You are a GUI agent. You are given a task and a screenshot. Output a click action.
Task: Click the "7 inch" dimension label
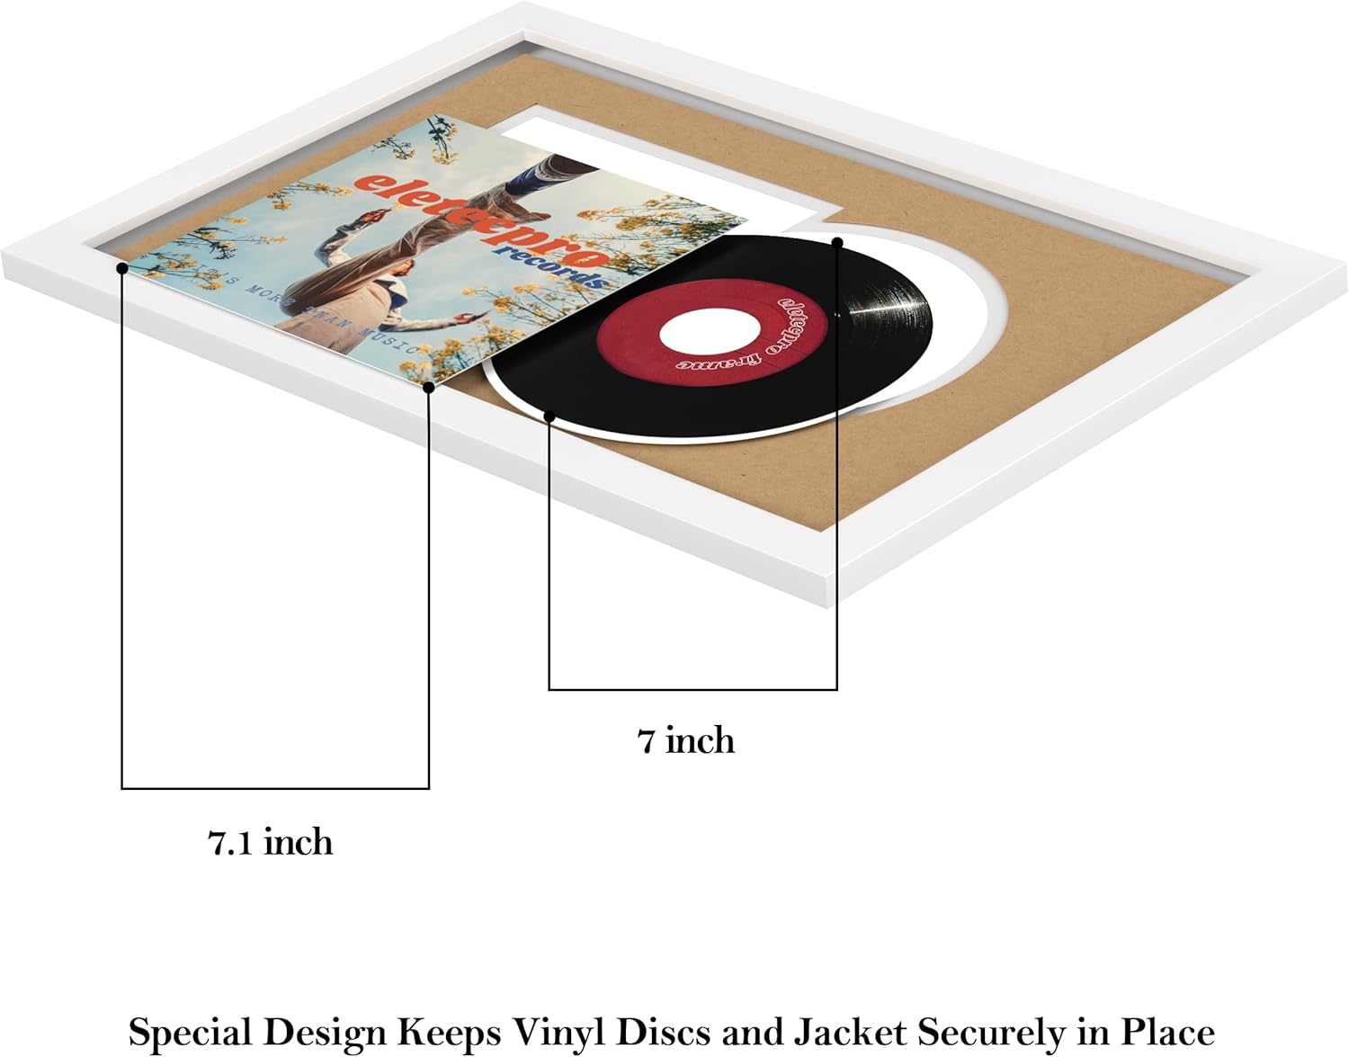(x=686, y=741)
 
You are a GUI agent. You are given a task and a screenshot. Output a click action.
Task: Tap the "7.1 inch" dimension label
(x=271, y=843)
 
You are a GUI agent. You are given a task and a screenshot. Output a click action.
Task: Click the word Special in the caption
(x=188, y=1032)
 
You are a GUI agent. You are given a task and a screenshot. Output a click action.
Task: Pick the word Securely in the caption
(x=989, y=1032)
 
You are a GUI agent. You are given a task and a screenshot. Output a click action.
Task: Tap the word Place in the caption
(x=1167, y=1032)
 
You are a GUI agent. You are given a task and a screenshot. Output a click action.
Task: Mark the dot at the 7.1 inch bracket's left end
(x=121, y=268)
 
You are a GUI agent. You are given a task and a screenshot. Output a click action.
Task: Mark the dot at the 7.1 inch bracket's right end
(x=429, y=388)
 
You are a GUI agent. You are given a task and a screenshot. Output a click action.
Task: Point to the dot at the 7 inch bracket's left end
(x=549, y=416)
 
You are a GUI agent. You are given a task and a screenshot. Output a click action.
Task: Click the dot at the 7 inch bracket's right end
(x=837, y=242)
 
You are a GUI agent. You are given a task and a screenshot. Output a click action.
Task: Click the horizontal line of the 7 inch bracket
(x=692, y=690)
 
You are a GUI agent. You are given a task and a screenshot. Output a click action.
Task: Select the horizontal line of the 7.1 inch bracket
(x=275, y=789)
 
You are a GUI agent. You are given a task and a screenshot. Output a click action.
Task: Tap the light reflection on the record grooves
(x=886, y=304)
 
